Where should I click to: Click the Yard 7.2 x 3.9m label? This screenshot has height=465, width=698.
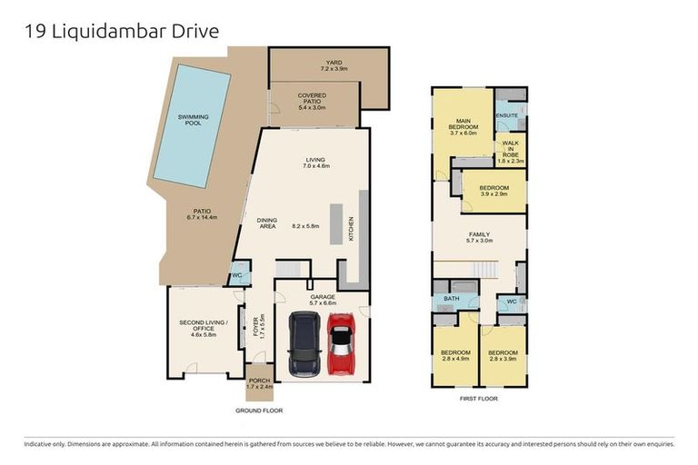(334, 65)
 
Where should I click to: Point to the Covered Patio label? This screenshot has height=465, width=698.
(312, 101)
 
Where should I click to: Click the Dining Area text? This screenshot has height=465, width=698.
(266, 223)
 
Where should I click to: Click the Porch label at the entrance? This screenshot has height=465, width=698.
(259, 383)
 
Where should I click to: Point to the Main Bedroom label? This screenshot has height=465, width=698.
(463, 127)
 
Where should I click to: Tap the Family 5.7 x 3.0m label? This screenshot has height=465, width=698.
(478, 236)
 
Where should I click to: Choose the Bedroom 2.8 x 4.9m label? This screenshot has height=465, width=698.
(455, 355)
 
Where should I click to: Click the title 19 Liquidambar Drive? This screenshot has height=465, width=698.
(121, 31)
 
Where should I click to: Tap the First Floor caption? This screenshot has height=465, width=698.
(477, 398)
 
